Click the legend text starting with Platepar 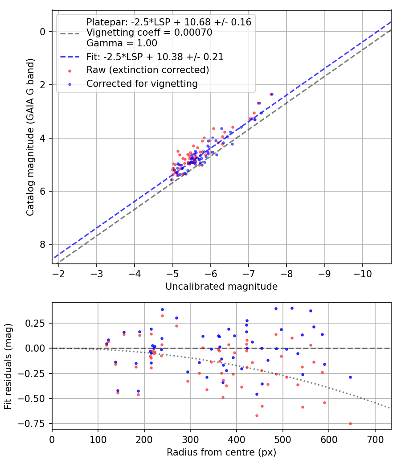click(x=169, y=22)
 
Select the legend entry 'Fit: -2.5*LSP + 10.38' click(x=155, y=57)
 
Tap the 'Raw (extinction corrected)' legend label click(x=147, y=70)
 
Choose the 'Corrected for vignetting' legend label click(x=142, y=84)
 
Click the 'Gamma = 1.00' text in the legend click(x=122, y=43)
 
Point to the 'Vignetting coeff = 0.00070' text click(x=149, y=32)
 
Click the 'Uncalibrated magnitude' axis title click(x=221, y=287)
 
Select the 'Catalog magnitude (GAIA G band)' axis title click(x=30, y=137)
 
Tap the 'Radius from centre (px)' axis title click(x=221, y=452)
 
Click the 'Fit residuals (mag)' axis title click(x=8, y=366)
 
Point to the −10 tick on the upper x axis click(x=363, y=274)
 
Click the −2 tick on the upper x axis click(x=58, y=274)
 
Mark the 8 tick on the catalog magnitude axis click(x=43, y=244)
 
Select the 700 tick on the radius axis click(x=375, y=439)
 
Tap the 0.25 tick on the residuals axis click(x=36, y=323)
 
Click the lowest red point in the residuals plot click(x=350, y=423)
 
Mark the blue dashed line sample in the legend click(x=70, y=57)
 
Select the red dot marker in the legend click(x=70, y=71)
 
